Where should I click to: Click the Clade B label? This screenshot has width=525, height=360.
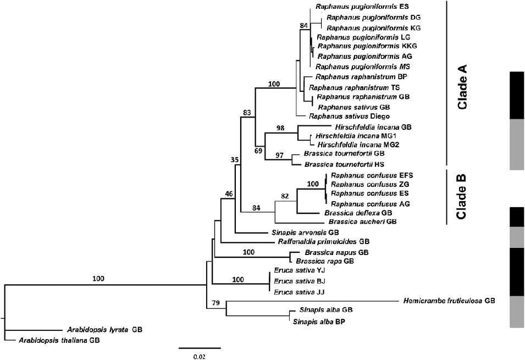pyautogui.click(x=460, y=196)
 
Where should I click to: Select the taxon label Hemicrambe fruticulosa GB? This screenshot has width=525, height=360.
pyautogui.click(x=449, y=301)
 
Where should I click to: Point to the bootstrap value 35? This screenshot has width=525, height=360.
pyautogui.click(x=235, y=160)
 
